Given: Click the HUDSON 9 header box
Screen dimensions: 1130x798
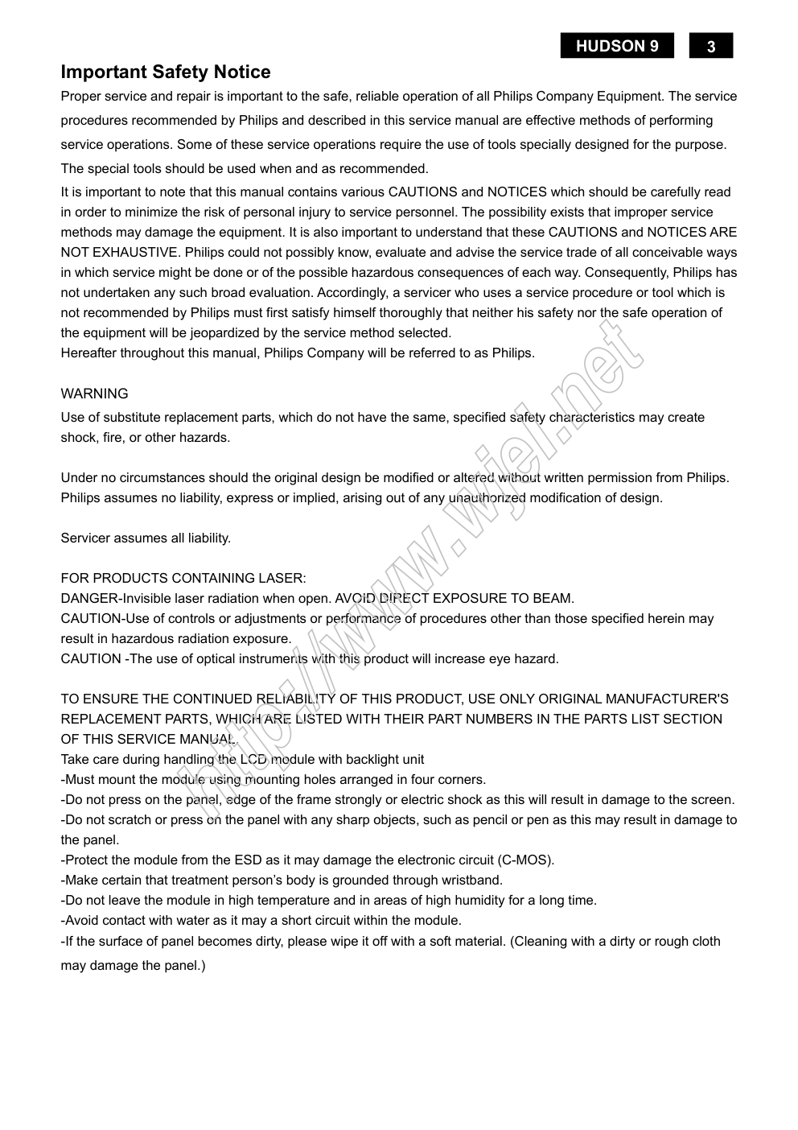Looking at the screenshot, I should [x=617, y=46].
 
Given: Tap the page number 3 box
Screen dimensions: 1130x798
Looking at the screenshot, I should [x=711, y=47].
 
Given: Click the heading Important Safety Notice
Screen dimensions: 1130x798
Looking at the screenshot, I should [x=166, y=72].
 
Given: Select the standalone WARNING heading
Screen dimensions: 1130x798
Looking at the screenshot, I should [x=94, y=394].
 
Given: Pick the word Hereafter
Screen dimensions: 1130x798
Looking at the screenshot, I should [x=89, y=353].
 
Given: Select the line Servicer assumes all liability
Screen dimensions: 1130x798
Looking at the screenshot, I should [x=146, y=538].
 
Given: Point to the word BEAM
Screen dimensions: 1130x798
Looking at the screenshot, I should [x=556, y=599].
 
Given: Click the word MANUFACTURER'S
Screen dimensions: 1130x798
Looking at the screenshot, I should [x=667, y=699].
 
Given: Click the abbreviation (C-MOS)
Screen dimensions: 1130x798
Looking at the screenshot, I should [x=524, y=860].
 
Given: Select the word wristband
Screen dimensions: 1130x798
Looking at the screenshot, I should [x=474, y=880].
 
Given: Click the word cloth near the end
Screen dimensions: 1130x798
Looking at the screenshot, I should [x=704, y=942].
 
